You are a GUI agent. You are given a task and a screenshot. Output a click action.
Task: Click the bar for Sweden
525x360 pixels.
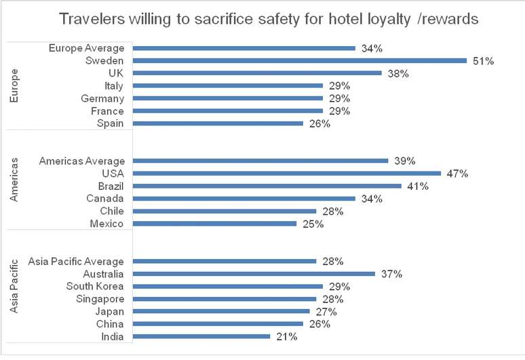pyautogui.click(x=299, y=60)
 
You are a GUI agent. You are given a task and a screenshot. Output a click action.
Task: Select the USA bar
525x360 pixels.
pyautogui.click(x=286, y=174)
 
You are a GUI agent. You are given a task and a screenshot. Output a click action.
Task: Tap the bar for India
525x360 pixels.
pyautogui.click(x=201, y=336)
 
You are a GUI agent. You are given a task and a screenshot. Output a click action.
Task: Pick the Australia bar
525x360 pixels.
pyautogui.click(x=254, y=274)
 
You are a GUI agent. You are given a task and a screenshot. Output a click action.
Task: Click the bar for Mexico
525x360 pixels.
pyautogui.click(x=214, y=224)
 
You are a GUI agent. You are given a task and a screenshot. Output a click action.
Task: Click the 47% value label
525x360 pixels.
pyautogui.click(x=458, y=174)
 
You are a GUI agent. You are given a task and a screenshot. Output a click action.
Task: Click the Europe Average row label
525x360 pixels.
pyautogui.click(x=87, y=48)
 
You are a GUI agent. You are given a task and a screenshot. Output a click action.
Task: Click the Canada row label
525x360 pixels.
pyautogui.click(x=105, y=199)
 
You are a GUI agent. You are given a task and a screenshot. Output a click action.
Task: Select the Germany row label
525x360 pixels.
pyautogui.click(x=101, y=98)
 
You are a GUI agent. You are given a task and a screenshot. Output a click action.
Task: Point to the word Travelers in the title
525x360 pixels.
pyautogui.click(x=90, y=19)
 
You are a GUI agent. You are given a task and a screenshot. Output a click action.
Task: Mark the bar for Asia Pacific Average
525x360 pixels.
pyautogui.click(x=225, y=261)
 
